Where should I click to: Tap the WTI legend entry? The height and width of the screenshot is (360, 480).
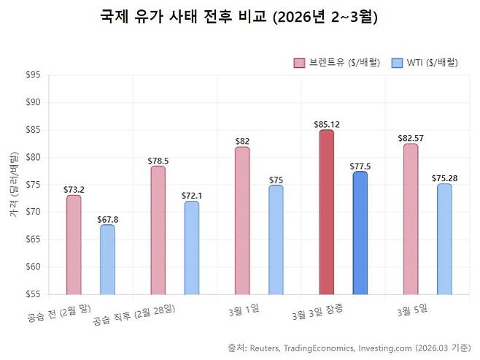click(x=425, y=63)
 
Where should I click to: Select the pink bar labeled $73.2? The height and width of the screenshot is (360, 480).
click(x=74, y=245)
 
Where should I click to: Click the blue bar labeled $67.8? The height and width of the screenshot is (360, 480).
click(x=107, y=259)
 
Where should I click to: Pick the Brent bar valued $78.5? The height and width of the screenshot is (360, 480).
click(x=158, y=230)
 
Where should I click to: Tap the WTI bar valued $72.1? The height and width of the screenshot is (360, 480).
click(x=191, y=248)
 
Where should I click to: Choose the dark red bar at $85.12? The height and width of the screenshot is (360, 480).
click(x=327, y=212)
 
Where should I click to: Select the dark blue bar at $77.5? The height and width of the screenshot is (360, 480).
click(x=360, y=233)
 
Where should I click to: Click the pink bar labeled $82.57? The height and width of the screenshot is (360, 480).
click(x=411, y=219)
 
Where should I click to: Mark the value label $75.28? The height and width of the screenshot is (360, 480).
click(x=444, y=178)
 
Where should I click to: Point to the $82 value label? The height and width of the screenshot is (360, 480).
click(x=242, y=141)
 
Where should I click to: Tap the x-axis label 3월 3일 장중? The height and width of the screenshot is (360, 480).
click(x=317, y=313)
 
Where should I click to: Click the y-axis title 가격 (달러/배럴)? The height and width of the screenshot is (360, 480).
click(x=13, y=184)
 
